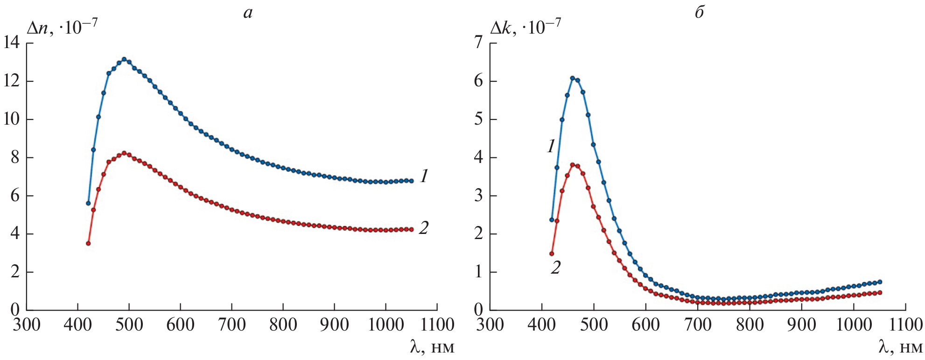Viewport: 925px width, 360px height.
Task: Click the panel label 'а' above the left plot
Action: point(248,13)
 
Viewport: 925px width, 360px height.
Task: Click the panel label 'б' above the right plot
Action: point(699,13)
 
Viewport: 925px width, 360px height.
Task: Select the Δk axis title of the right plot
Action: point(525,28)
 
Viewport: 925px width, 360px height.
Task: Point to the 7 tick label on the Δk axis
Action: point(478,43)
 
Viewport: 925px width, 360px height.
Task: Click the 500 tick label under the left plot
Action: point(129,325)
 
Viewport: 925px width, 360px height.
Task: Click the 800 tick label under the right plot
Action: point(750,325)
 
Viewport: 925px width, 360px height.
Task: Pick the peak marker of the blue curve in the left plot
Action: point(124,59)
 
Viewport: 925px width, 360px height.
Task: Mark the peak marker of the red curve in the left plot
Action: point(124,153)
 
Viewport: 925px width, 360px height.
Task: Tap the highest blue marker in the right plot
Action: point(572,78)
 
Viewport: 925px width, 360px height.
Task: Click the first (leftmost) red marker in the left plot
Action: point(88,243)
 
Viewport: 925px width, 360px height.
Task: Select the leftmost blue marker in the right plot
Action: point(552,219)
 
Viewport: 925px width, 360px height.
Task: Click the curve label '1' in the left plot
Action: point(424,176)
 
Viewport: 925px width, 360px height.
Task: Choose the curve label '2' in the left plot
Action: point(423,228)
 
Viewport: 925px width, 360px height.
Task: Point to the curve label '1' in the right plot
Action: point(551,147)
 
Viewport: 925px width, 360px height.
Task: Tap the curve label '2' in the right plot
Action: point(555,268)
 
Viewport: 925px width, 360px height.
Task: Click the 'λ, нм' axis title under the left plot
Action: point(432,347)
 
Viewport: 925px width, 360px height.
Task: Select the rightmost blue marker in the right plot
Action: point(880,282)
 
